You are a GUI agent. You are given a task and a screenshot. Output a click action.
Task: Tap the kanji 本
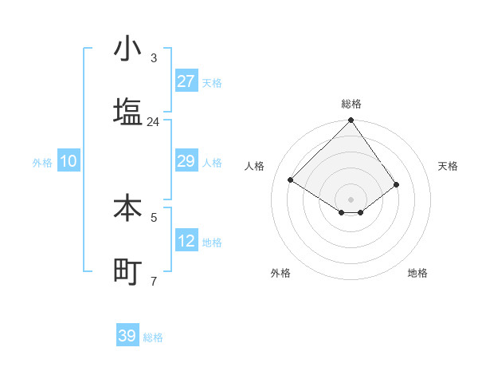coord(127,208)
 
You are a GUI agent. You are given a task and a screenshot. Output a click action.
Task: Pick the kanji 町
coord(127,271)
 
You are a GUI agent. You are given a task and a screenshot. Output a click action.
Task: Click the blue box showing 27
coord(186,81)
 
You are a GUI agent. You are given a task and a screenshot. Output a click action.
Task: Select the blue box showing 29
coord(186,161)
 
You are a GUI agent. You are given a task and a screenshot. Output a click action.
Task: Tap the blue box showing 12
coord(186,241)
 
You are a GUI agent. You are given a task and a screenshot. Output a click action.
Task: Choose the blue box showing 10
coord(69,161)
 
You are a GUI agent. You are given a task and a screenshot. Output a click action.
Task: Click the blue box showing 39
coord(127,336)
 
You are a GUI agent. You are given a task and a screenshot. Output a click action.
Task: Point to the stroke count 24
coord(153,122)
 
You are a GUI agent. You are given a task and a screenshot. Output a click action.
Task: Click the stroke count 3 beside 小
coord(154,58)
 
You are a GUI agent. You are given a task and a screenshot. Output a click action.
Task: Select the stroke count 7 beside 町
coord(154,281)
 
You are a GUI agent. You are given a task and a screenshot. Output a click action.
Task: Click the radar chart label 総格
coord(351,104)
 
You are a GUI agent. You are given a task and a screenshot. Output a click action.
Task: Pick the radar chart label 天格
coord(449,166)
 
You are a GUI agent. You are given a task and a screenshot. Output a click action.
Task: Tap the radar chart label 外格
coord(280,273)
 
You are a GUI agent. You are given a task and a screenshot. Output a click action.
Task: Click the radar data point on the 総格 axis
coord(351,121)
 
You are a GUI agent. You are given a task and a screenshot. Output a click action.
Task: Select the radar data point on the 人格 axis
coord(291,180)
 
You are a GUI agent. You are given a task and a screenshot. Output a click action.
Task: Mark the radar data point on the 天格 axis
coord(397,185)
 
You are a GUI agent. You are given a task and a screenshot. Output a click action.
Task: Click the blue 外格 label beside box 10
coord(42,162)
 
